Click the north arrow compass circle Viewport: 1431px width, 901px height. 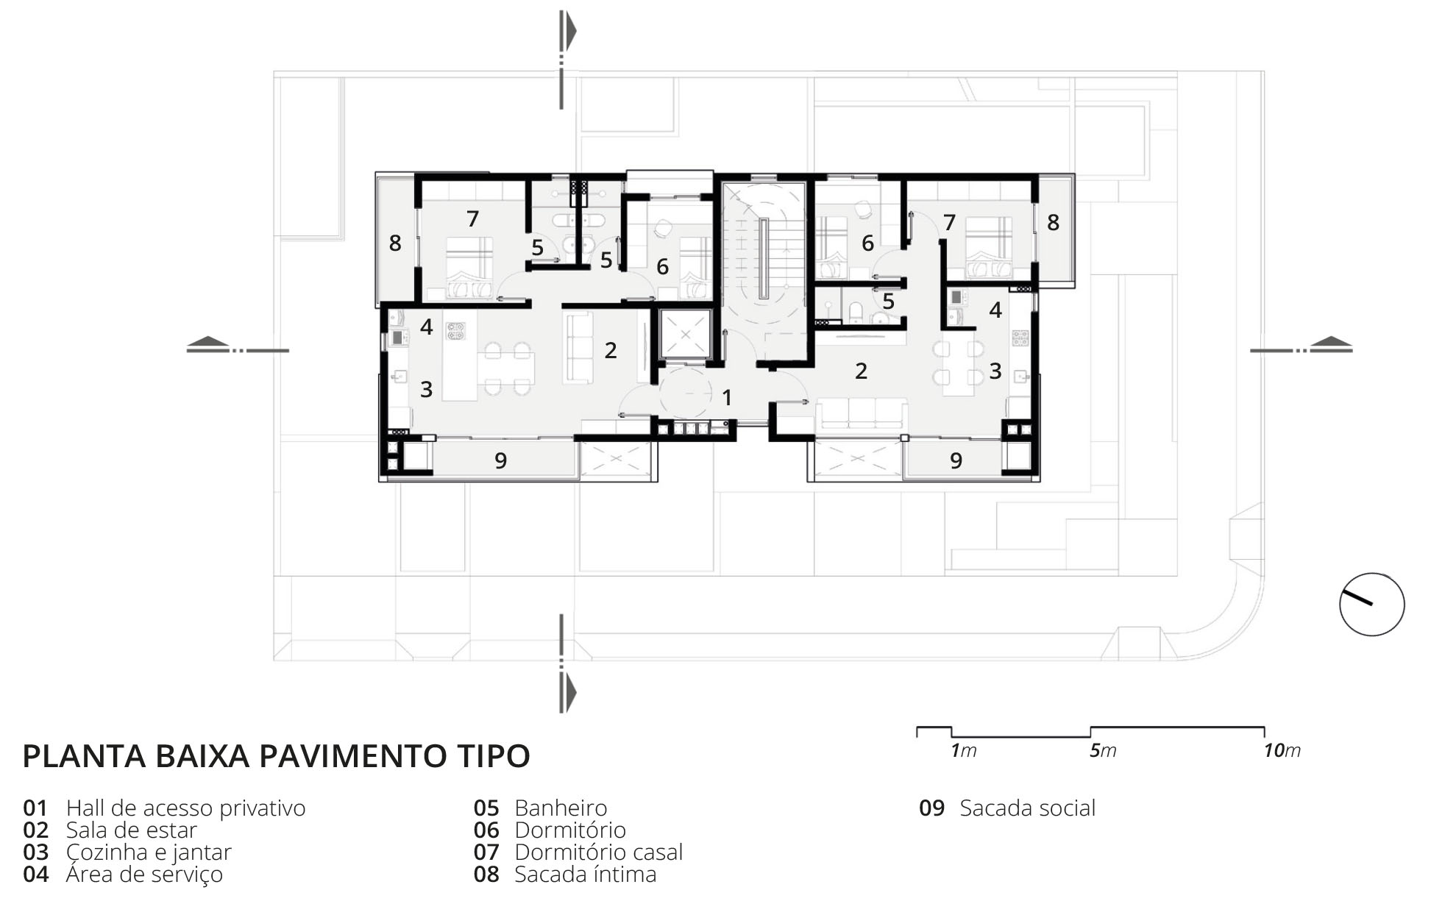(x=1371, y=574)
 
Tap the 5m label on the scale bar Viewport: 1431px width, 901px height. (x=1103, y=751)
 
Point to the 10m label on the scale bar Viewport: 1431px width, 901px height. (x=1282, y=751)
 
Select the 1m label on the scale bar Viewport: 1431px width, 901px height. (x=964, y=751)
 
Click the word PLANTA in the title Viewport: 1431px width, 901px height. (x=84, y=756)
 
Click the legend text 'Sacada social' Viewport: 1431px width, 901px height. (x=1027, y=808)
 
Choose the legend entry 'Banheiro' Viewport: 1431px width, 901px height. (x=561, y=808)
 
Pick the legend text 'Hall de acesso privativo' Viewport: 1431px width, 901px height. (x=185, y=808)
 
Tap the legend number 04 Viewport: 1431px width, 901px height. (x=36, y=875)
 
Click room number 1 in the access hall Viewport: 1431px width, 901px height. (x=727, y=398)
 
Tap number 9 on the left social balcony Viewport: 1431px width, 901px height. (x=500, y=460)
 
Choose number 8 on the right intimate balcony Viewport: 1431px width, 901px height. (x=1053, y=222)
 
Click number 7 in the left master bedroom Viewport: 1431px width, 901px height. (x=472, y=218)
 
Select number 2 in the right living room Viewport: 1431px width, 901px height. (x=861, y=371)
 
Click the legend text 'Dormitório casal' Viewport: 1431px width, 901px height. (x=599, y=852)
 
